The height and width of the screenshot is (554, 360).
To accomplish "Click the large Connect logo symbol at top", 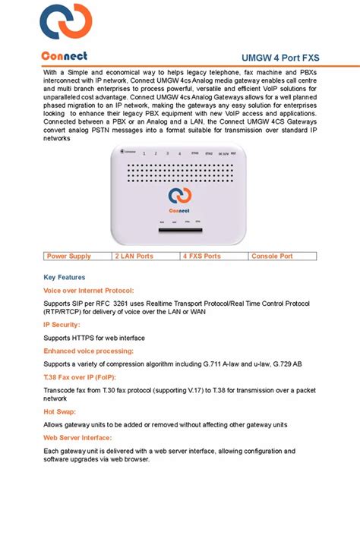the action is [x=66, y=24].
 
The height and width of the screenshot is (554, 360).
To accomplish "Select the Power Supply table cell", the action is [x=69, y=257].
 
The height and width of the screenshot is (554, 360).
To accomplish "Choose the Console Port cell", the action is [x=272, y=257].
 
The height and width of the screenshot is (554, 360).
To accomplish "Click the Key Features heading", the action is [x=65, y=278].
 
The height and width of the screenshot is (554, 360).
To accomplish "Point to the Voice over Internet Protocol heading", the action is [x=88, y=291].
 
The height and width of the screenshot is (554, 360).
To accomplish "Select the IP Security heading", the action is [x=62, y=325].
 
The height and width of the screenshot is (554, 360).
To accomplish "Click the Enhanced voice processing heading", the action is [x=88, y=351].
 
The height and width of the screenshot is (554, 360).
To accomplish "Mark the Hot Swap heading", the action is [x=59, y=412].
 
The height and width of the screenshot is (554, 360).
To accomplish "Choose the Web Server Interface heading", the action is [x=77, y=438].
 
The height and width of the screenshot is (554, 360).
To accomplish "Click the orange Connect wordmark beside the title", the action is [x=65, y=56].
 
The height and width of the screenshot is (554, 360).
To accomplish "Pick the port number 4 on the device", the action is [x=179, y=153].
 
